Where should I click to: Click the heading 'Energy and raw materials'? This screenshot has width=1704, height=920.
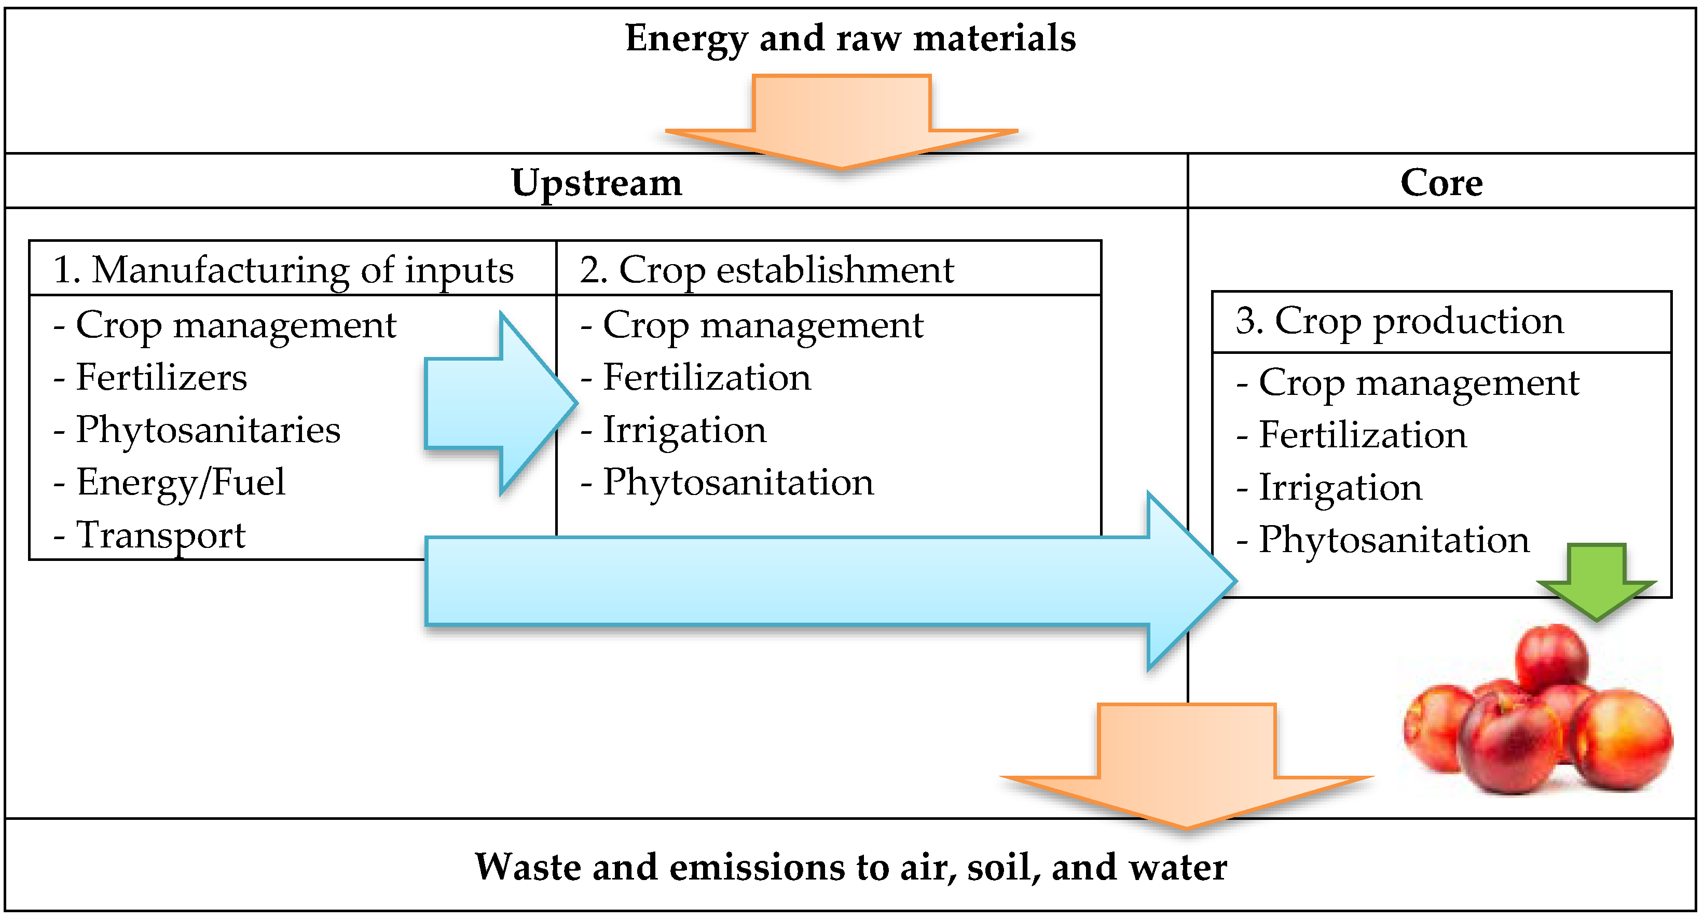(x=850, y=38)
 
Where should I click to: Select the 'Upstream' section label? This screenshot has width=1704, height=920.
(x=596, y=183)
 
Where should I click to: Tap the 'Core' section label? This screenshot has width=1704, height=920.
(x=1441, y=183)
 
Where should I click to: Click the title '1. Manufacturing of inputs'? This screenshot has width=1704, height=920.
(x=283, y=270)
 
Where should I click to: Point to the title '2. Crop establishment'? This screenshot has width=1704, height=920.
(x=767, y=270)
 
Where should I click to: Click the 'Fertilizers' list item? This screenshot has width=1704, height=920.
(x=161, y=378)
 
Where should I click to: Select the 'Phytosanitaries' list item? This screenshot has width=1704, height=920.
(x=207, y=431)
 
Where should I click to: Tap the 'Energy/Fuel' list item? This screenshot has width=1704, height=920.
(x=180, y=482)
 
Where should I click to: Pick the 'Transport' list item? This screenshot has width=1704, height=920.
(x=160, y=535)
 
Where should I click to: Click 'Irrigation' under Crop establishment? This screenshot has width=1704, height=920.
(x=684, y=431)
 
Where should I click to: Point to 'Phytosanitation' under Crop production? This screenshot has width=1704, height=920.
(x=1393, y=540)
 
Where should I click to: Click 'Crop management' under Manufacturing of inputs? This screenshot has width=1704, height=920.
(x=235, y=325)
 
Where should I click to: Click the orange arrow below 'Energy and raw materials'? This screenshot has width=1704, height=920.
(x=842, y=122)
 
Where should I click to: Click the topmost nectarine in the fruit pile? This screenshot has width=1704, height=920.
(x=1551, y=658)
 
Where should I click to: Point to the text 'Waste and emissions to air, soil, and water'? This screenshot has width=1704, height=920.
(x=850, y=867)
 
